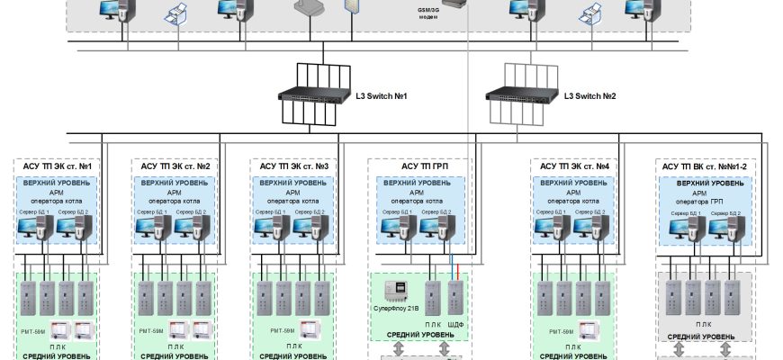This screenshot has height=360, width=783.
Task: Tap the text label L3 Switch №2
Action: pos(589,96)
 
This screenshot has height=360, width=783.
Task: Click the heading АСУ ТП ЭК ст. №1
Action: pos(57,166)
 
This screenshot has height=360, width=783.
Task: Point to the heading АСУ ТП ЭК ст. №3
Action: pos(294,166)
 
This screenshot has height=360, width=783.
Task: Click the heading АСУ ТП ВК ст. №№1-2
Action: pos(704,166)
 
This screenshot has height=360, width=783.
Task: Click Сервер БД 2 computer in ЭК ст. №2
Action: pos(193,230)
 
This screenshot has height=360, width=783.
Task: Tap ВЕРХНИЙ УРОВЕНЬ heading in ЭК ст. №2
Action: pos(175,183)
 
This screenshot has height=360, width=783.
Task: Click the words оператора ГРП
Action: pos(704,202)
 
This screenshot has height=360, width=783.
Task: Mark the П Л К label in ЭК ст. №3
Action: pos(294,346)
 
